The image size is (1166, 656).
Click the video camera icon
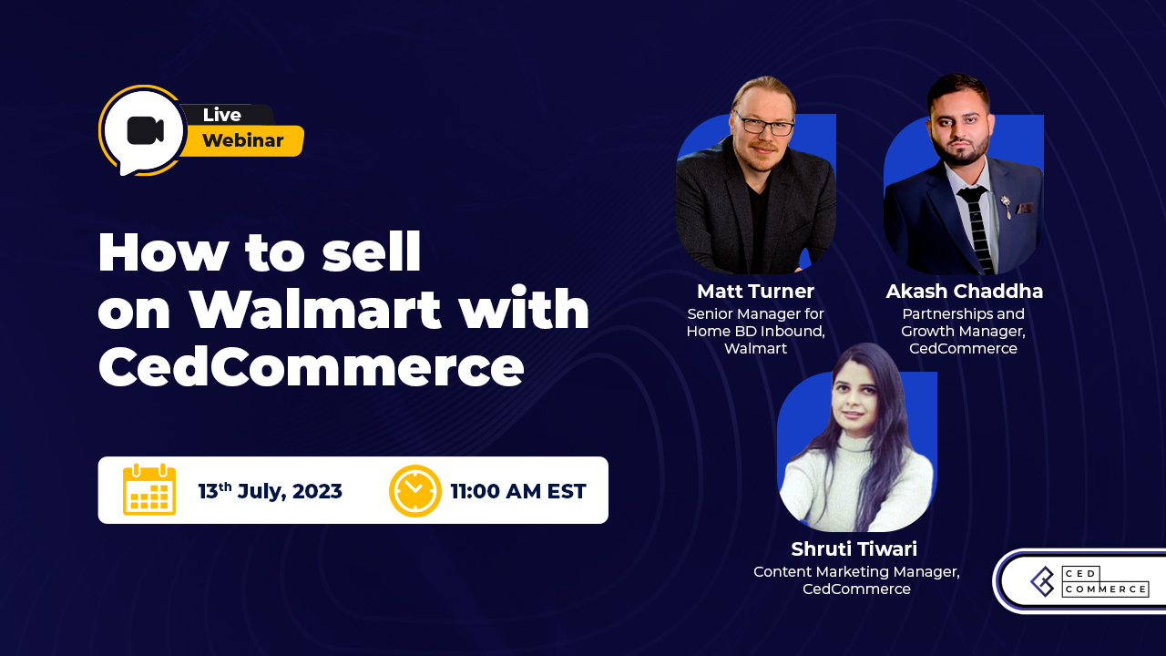(x=145, y=130)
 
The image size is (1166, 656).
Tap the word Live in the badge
(x=221, y=115)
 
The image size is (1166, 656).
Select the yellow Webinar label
(x=242, y=140)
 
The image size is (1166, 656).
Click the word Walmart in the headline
(x=314, y=311)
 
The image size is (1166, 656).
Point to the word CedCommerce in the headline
(x=311, y=368)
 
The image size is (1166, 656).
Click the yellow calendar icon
(x=149, y=490)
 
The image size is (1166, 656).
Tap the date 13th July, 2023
(x=270, y=491)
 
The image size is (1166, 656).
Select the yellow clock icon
(x=414, y=491)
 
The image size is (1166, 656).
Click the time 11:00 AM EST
(x=518, y=491)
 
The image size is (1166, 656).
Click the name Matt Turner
(x=755, y=291)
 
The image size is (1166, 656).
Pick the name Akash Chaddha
(x=964, y=292)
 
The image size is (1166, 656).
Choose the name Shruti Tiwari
(x=854, y=549)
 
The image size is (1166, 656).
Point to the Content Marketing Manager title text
(x=856, y=571)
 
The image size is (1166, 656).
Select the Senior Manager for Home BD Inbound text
(x=755, y=323)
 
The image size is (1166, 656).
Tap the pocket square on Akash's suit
(x=1024, y=208)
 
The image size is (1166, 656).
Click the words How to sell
(x=260, y=253)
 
